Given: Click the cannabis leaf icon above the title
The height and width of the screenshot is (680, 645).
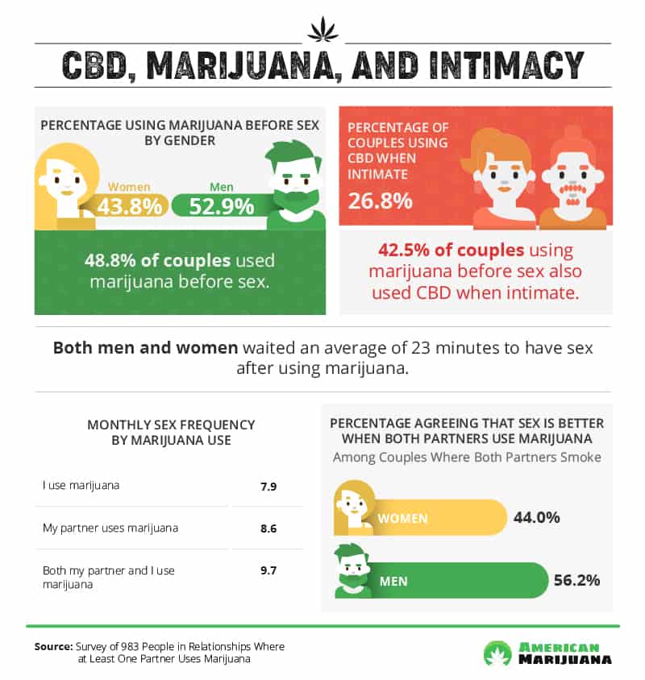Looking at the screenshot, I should click(x=322, y=30).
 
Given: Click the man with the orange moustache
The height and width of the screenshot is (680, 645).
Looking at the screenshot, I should click(x=572, y=181).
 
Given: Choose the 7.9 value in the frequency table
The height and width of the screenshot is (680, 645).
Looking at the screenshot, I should click(x=265, y=486).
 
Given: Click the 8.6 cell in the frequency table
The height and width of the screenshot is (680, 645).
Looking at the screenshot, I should click(x=265, y=529).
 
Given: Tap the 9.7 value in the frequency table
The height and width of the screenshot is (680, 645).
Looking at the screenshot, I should click(x=265, y=570).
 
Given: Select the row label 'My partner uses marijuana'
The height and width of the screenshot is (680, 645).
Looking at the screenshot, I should click(x=110, y=529).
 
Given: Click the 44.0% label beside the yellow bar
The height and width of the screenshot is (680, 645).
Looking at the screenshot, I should click(x=536, y=517).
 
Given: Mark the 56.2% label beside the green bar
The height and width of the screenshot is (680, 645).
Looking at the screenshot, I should click(x=576, y=580).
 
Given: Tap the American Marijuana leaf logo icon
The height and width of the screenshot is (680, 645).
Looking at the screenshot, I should click(x=497, y=652).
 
